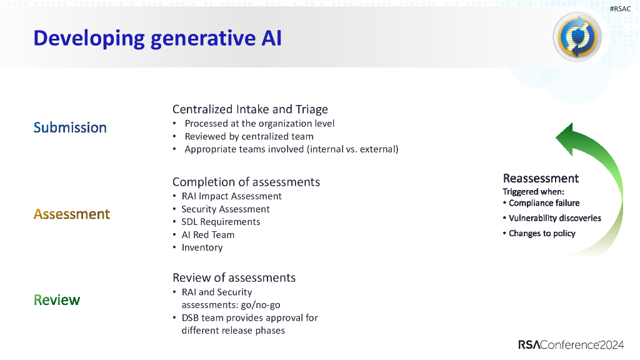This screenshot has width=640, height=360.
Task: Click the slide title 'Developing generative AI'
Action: pos(157,38)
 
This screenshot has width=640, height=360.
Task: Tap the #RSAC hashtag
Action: pos(620,9)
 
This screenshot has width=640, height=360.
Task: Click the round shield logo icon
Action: pos(577,37)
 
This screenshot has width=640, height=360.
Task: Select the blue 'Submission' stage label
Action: pos(70,127)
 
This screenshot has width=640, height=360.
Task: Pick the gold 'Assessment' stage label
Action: pos(72,214)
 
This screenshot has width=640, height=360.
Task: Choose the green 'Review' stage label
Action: pos(57,300)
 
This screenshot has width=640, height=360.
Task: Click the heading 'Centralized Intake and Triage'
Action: pos(250,109)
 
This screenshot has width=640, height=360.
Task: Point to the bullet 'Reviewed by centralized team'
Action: pos(249,136)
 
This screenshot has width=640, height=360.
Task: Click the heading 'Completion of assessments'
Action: pos(246,182)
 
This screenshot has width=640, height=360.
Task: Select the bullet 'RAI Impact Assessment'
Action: pos(231,196)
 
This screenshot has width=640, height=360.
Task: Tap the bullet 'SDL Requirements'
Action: pos(221,222)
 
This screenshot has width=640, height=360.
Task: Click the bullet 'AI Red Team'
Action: pos(208,235)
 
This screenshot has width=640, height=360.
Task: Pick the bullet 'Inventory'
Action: pos(202,247)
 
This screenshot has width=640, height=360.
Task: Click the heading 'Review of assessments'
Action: pos(234,277)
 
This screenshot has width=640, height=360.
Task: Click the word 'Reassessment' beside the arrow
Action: pos(541,178)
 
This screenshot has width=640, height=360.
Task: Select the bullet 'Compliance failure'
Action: pos(544,203)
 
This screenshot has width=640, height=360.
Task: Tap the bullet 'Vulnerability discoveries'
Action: pos(554,218)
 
